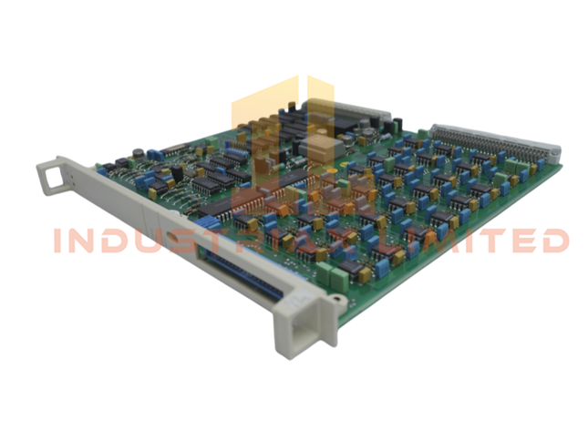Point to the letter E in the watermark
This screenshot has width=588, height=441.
(x=514, y=241)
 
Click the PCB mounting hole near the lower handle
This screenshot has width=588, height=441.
(x=339, y=297)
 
